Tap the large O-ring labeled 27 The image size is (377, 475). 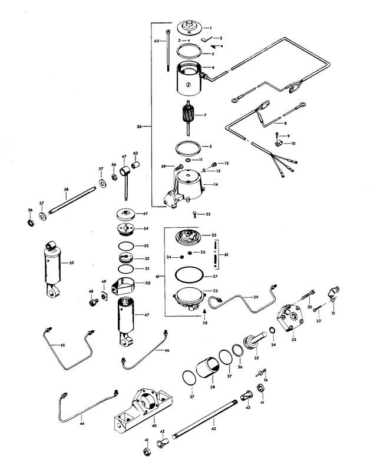point(189,275)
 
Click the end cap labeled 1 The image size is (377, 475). point(190,27)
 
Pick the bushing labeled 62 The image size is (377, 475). point(135,163)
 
